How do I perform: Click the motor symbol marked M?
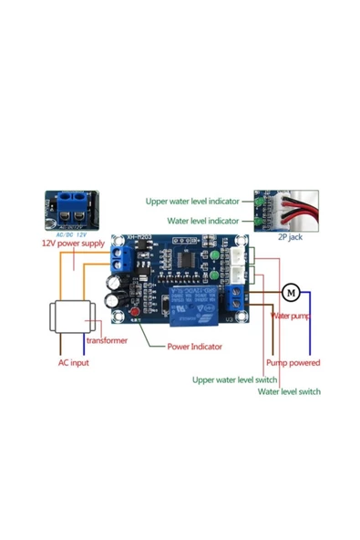tap(291, 292)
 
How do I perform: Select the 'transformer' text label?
tap(107, 340)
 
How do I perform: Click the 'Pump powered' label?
tap(293, 362)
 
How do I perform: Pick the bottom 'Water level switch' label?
tap(288, 391)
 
